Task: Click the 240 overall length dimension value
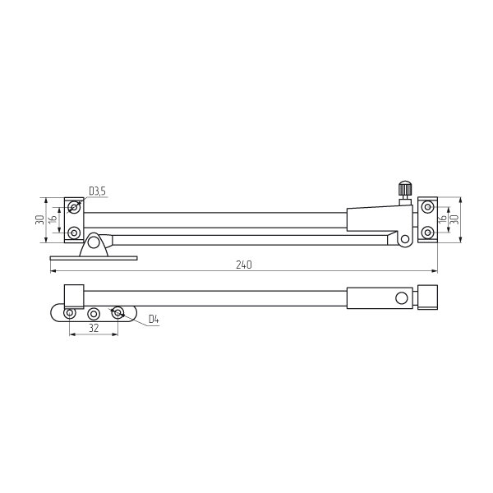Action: pos(244,265)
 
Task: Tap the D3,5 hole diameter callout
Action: pos(98,191)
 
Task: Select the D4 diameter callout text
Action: pos(154,320)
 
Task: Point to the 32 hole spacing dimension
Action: pos(94,328)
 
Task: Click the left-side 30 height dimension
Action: pos(40,219)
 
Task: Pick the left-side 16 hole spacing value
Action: pos(53,219)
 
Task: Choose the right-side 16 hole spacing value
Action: pos(442,218)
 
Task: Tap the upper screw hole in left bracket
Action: pos(74,208)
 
